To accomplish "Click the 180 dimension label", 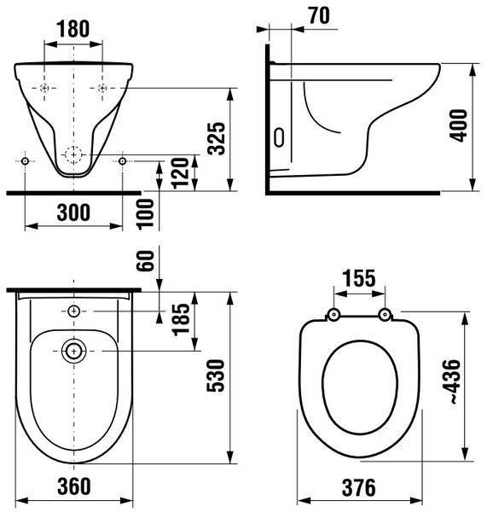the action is point(73,29).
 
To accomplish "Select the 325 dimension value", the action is point(217,138).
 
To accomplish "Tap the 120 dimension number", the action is point(181,173).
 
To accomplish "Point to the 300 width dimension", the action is point(73,212).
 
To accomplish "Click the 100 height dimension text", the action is point(146,214).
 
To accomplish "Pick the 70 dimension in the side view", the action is point(319,15).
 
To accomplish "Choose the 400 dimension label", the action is point(458,125).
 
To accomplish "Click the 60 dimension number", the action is point(146,260).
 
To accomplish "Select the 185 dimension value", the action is point(181,320).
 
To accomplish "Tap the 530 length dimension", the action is point(216,375).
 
